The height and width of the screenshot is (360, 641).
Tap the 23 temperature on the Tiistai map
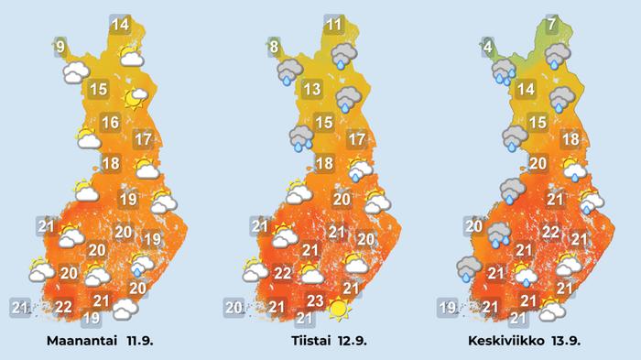point(314,300)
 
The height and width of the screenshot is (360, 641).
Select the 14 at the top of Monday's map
point(120,25)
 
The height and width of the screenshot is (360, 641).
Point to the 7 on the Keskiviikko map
point(551,25)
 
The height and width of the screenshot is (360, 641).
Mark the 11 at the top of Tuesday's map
point(334,25)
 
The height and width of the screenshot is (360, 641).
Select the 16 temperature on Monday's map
point(111,123)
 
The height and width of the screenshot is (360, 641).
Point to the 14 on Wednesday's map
point(526,90)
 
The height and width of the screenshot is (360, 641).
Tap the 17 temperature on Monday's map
point(142,140)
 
